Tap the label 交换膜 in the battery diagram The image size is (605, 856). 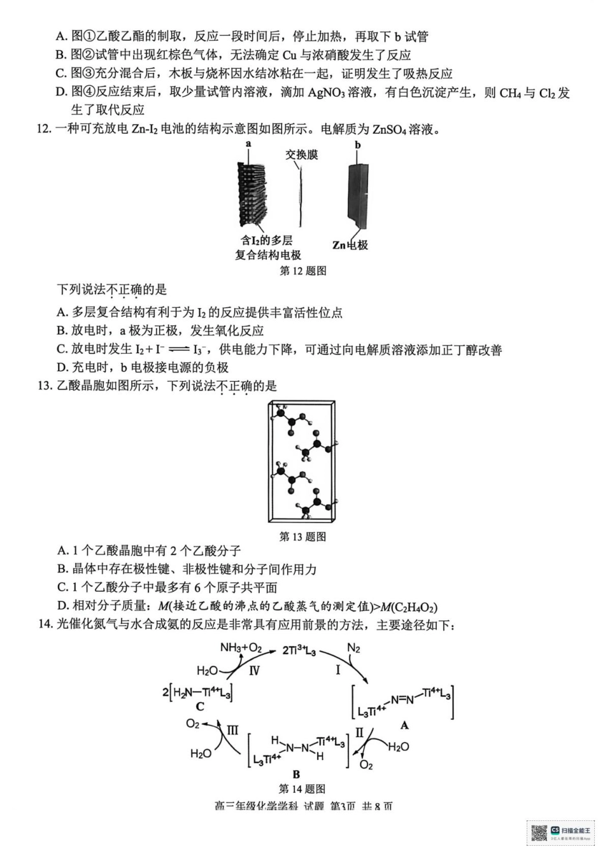(x=301, y=155)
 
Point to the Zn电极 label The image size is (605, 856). (x=350, y=245)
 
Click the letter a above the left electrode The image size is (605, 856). (x=248, y=144)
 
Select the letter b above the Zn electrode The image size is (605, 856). (x=358, y=145)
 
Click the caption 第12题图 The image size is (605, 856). (x=302, y=271)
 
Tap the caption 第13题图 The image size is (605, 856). (x=302, y=537)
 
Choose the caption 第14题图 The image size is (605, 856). (x=302, y=789)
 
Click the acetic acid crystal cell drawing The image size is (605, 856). (x=302, y=462)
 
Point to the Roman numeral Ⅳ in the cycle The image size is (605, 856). (x=254, y=670)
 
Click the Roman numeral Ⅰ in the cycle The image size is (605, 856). (x=338, y=670)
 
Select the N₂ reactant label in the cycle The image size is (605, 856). (x=353, y=649)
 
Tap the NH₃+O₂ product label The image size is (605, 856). (x=241, y=648)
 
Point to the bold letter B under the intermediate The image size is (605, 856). (x=296, y=774)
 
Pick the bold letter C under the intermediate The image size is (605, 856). (x=200, y=706)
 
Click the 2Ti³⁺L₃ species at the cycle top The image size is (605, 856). (x=299, y=650)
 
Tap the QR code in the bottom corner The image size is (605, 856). (x=539, y=833)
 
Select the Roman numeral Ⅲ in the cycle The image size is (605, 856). (x=232, y=730)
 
